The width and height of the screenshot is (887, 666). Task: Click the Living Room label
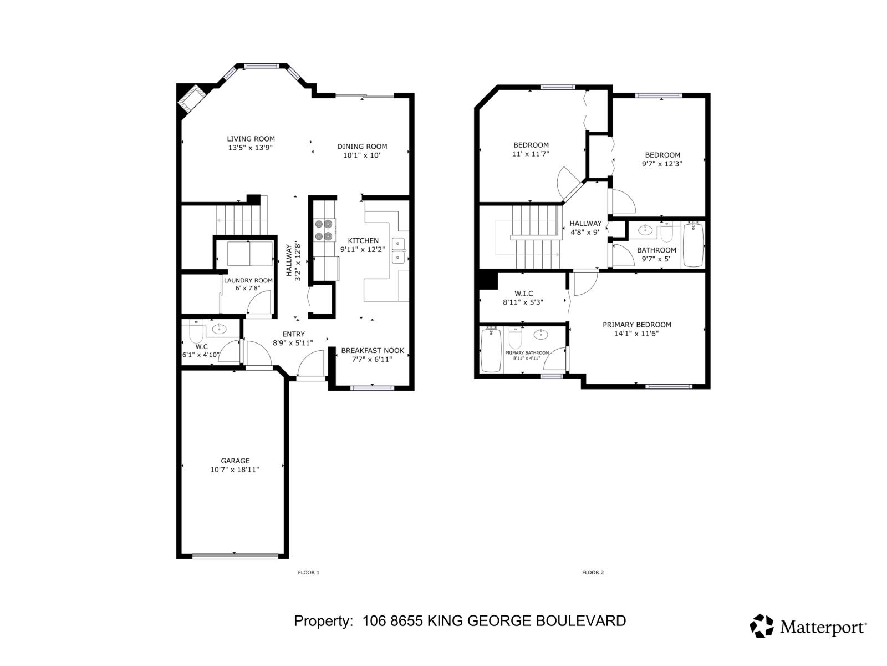click(251, 139)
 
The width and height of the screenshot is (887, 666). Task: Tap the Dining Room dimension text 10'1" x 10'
click(361, 155)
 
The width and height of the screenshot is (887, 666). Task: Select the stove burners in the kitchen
click(324, 230)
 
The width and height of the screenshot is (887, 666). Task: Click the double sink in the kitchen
click(399, 250)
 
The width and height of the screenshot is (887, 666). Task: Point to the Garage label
click(235, 461)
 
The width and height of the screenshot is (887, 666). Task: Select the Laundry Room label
click(248, 280)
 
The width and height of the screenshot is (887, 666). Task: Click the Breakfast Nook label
click(372, 350)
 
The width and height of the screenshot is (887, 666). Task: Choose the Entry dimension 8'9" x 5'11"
click(293, 343)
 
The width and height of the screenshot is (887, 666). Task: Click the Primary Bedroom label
click(636, 325)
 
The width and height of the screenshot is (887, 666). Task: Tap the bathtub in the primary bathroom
click(491, 350)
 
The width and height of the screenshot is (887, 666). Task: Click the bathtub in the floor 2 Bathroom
click(693, 244)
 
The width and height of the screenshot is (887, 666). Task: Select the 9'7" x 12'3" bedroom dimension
click(662, 164)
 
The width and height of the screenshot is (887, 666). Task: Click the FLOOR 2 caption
click(593, 572)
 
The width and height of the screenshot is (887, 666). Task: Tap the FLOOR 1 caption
click(309, 572)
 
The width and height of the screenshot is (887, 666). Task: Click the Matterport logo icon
click(762, 625)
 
